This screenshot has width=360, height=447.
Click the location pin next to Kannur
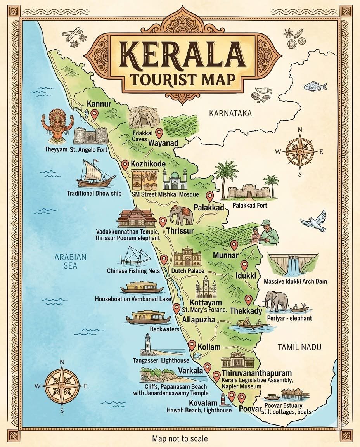point(94,114)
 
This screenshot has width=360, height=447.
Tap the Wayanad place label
point(163,143)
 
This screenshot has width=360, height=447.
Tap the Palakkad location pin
point(210,196)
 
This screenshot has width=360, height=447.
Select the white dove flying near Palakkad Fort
point(313,221)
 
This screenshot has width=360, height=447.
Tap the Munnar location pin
point(234,245)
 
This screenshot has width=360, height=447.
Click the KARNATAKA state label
point(230,113)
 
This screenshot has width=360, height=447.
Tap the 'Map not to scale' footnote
point(180,438)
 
